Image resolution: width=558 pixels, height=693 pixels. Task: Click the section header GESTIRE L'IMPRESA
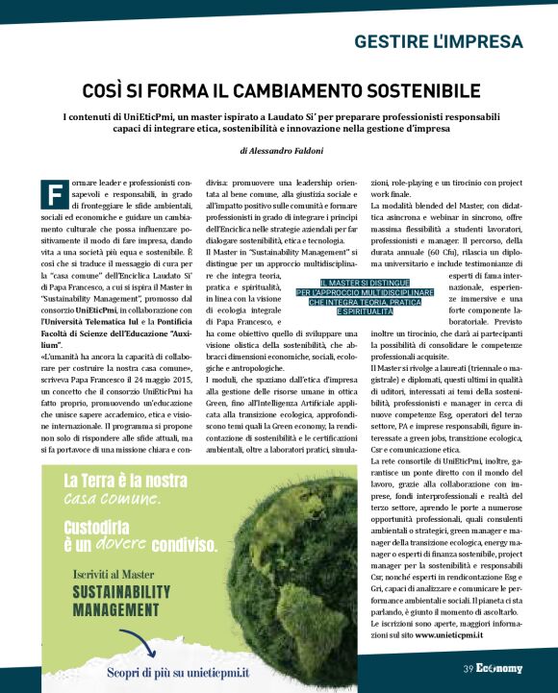[438, 42]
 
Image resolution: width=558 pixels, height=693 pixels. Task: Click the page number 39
[469, 668]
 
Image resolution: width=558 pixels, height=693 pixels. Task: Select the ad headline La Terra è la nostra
[126, 481]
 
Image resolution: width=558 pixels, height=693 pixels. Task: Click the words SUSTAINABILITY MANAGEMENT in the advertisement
[111, 600]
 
